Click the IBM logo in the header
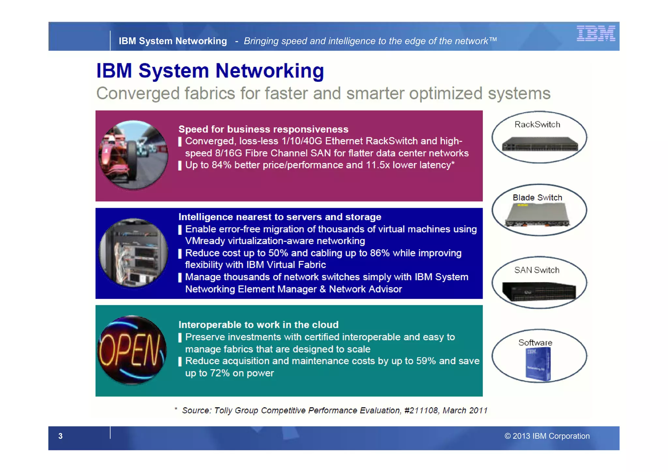tap(596, 33)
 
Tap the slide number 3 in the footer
tap(60, 436)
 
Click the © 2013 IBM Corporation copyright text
tap(547, 436)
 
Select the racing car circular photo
tap(133, 155)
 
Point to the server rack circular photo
tap(133, 253)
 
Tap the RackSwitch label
tap(537, 125)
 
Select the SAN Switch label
tap(537, 270)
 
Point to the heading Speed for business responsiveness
tap(263, 129)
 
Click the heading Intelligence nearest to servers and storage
tap(280, 217)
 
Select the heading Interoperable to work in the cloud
tap(258, 325)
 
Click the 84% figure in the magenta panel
tap(221, 165)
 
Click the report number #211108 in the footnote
tap(421, 410)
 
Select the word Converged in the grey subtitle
tap(138, 94)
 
